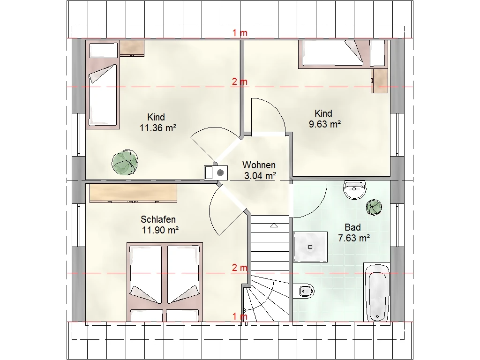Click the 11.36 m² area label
point(158,127)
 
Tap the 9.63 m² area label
point(325,124)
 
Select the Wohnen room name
point(259,165)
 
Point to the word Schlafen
point(158,219)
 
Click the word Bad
point(352,227)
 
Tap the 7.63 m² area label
point(354,238)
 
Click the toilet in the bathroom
point(303,291)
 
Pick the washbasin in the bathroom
point(354,190)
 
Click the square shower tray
point(310,247)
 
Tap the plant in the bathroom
point(374,207)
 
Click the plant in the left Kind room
point(125,162)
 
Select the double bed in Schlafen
point(165,282)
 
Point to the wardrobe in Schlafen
point(133,193)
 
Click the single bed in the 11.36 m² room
point(103,97)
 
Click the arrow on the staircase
point(274,225)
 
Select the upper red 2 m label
point(240,82)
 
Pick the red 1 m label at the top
point(240,33)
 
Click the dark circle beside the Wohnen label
point(220,173)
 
